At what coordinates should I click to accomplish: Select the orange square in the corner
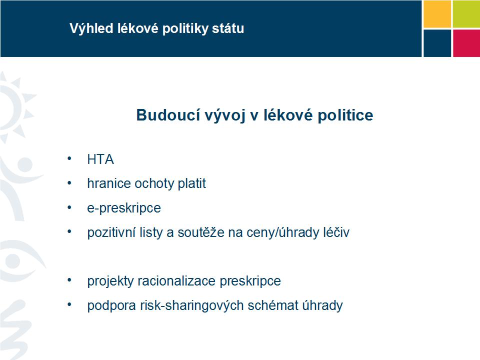click(437, 14)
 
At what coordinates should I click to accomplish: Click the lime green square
click(466, 14)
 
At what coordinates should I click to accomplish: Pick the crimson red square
click(466, 43)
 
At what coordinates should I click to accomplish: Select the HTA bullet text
click(100, 159)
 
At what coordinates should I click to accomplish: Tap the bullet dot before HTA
click(69, 158)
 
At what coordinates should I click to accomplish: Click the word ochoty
click(154, 183)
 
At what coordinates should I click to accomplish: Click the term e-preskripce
click(124, 208)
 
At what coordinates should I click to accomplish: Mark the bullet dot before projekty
click(69, 280)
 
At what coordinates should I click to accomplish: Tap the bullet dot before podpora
click(69, 304)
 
